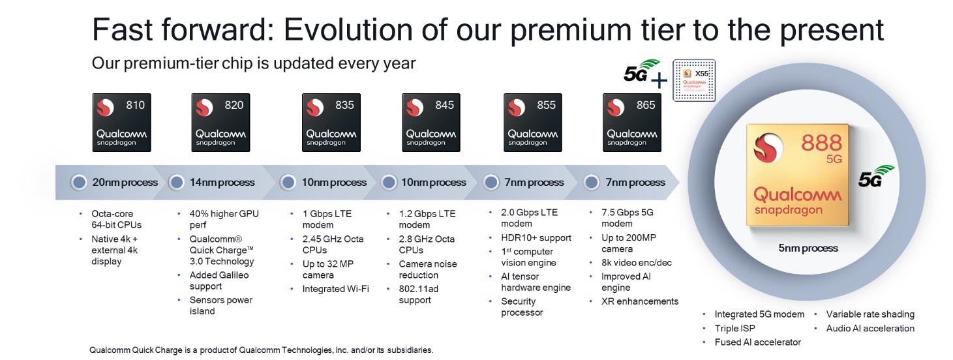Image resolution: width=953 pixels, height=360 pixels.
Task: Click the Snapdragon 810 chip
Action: point(122,123)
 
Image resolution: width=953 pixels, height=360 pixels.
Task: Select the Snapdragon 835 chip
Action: point(331,123)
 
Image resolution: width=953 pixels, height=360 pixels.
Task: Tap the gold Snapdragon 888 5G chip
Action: point(798,175)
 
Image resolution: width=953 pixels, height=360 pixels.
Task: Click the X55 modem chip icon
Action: point(694,80)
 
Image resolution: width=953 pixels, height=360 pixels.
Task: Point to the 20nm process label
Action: point(125,182)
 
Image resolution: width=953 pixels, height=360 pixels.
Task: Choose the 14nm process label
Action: point(222,182)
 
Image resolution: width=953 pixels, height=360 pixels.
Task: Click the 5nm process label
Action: point(808,248)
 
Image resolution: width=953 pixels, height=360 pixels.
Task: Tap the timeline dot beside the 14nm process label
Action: point(177,183)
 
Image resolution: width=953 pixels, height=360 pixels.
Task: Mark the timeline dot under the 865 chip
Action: point(592,183)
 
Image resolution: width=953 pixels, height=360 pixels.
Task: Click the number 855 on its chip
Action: point(546,105)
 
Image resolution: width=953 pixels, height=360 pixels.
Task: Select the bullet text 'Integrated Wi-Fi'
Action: point(336,289)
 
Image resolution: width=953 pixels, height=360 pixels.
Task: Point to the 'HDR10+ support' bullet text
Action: point(536,238)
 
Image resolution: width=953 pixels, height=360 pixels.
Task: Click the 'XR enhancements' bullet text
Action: point(640,301)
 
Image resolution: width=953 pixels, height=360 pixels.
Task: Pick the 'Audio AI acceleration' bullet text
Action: point(870,329)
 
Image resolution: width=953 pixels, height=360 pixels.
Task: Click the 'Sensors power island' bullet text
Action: point(221,305)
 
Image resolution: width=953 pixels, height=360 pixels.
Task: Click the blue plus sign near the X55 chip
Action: point(659,80)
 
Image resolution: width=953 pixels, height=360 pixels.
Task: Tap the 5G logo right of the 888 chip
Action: point(876,176)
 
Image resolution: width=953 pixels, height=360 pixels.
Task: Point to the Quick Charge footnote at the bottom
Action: point(261,350)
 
